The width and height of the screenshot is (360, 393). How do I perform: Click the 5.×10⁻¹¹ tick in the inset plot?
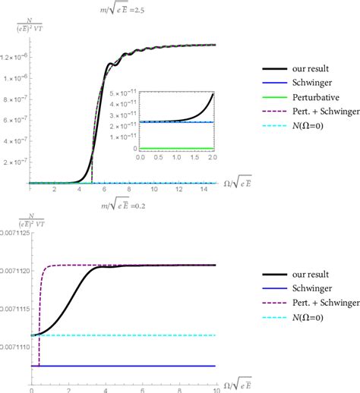(x=124, y=93)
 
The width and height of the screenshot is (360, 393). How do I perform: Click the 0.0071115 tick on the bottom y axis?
(x=15, y=309)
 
